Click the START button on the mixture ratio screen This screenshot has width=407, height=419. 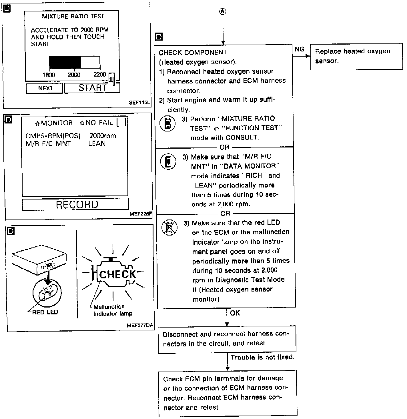tap(92, 88)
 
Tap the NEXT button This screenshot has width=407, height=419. tap(45, 88)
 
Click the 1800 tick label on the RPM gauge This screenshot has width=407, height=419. tap(49, 75)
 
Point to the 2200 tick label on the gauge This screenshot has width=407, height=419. tap(100, 74)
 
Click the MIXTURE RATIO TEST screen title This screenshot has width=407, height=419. tap(73, 16)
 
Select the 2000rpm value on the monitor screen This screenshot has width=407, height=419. tap(103, 136)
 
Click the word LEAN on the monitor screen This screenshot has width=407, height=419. tap(97, 143)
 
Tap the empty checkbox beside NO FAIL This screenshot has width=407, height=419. tap(121, 122)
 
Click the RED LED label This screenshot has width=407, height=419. tap(45, 312)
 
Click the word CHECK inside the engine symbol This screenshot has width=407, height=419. tap(117, 274)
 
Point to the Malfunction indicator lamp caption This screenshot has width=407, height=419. tap(113, 310)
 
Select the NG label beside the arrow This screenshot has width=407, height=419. tap(299, 49)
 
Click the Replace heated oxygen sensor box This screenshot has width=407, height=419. tap(356, 56)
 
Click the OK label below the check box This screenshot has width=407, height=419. tap(235, 313)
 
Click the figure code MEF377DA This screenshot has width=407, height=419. tap(140, 325)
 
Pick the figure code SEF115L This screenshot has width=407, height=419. tap(139, 102)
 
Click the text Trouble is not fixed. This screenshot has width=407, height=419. tap(262, 357)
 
